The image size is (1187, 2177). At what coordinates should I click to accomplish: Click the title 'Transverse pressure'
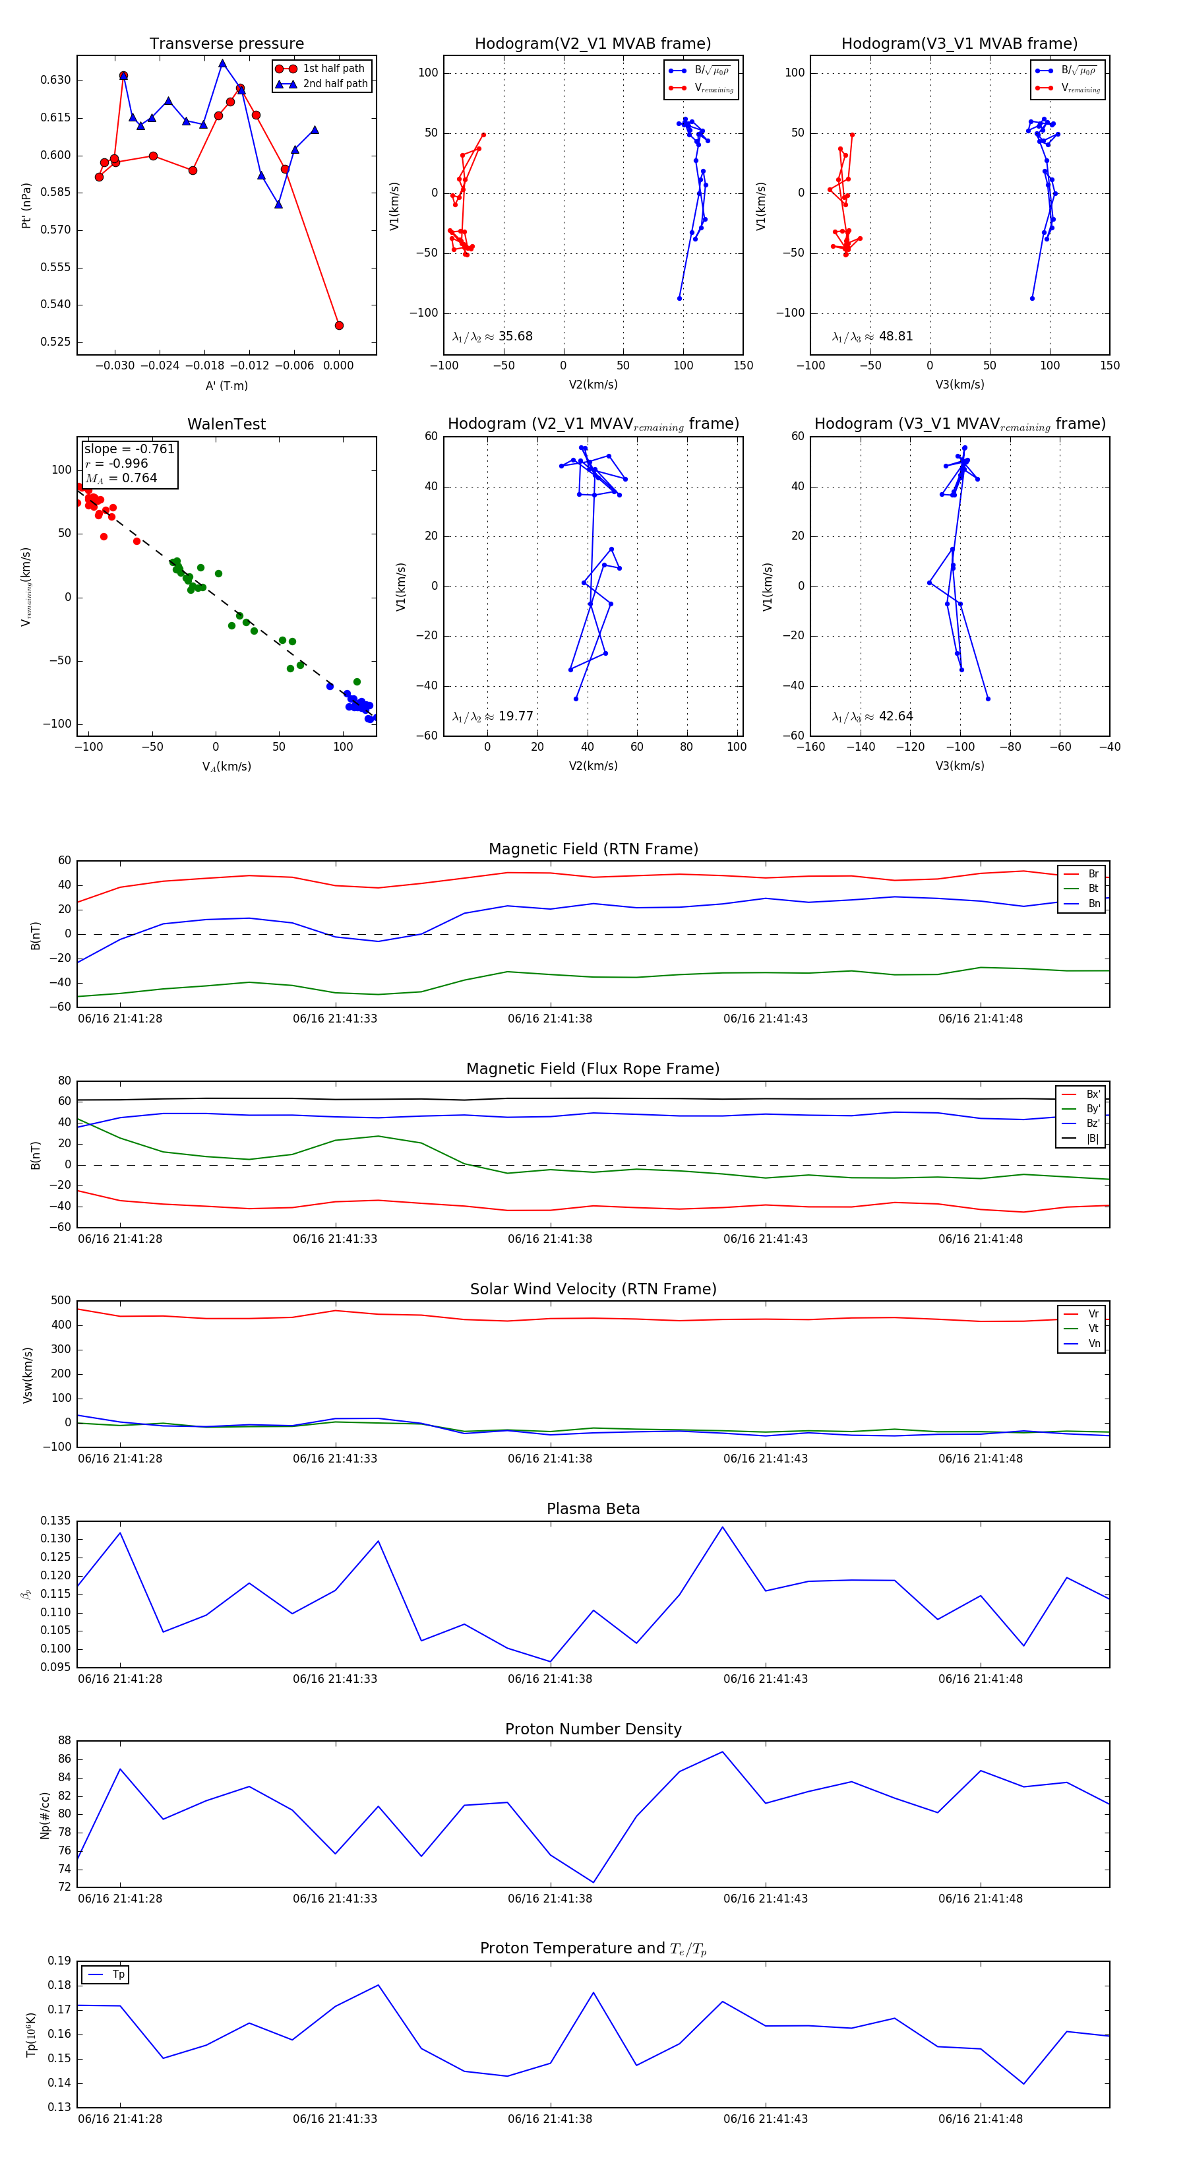[x=226, y=44]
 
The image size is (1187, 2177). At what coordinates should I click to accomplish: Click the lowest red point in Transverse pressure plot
[x=339, y=325]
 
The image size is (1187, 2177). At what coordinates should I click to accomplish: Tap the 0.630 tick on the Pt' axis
[x=56, y=80]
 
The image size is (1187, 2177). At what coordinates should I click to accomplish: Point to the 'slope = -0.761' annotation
[x=129, y=449]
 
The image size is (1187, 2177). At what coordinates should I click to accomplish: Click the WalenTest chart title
[x=226, y=424]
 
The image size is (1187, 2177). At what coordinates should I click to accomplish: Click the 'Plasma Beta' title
[x=593, y=1509]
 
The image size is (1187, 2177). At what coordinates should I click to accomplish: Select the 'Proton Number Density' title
[x=593, y=1729]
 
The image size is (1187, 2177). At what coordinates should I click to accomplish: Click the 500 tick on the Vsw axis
[x=61, y=1301]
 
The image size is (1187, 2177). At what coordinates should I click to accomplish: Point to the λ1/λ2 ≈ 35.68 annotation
[x=493, y=336]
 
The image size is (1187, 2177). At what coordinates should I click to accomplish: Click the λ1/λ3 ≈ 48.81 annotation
[x=872, y=336]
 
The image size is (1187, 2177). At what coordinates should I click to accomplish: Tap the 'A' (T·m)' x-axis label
[x=226, y=385]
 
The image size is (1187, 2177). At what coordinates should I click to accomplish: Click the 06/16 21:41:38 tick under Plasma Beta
[x=550, y=1678]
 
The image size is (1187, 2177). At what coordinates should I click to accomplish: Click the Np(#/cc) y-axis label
[x=46, y=1814]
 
